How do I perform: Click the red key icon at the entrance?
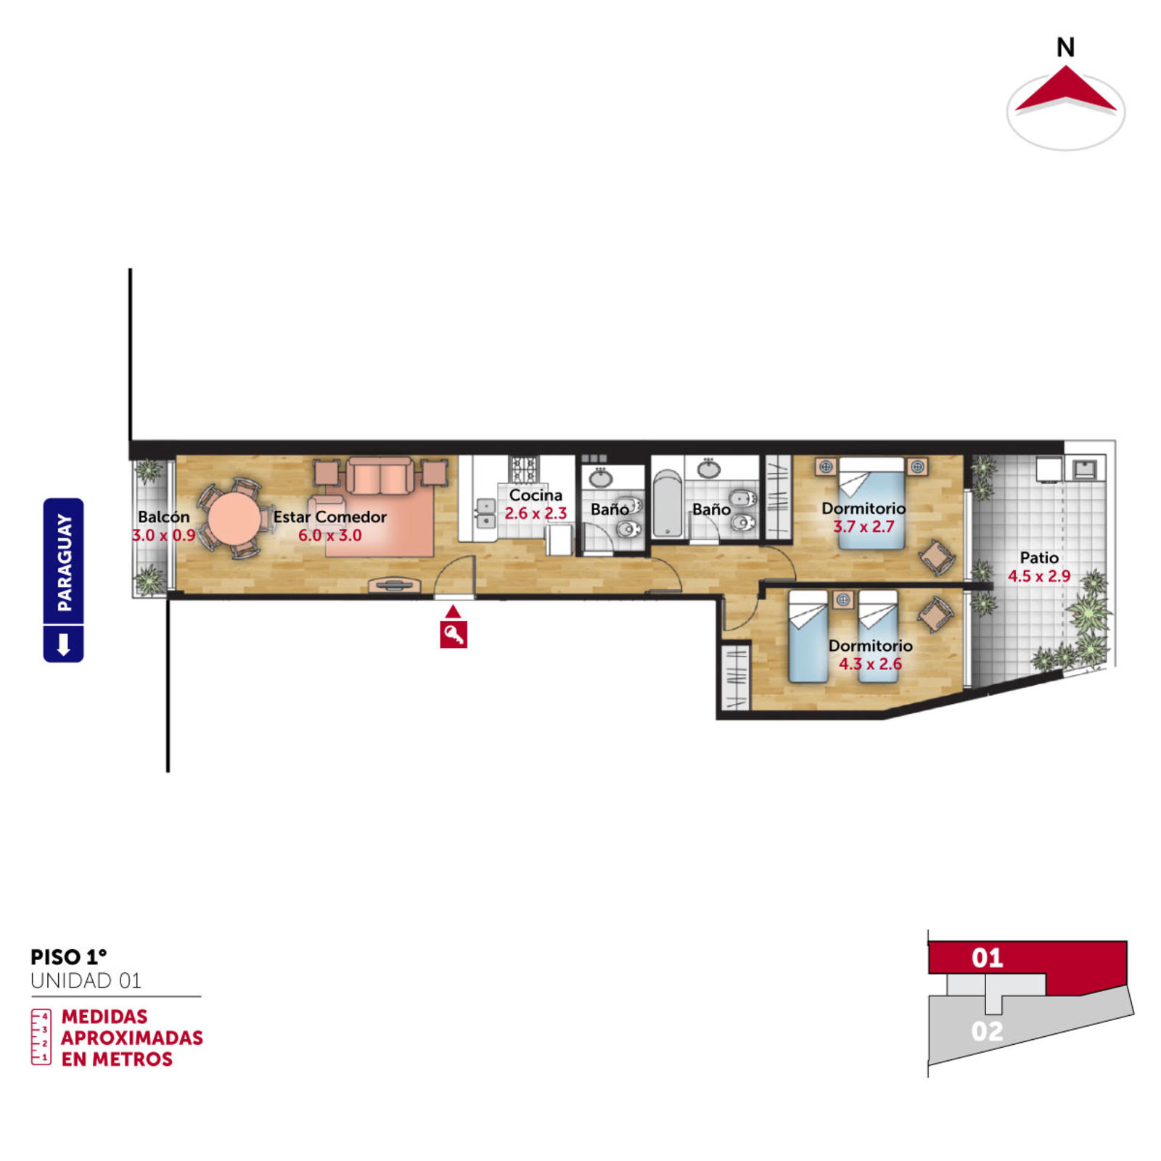453,634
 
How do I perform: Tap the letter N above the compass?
1065,48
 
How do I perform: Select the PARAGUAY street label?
64,562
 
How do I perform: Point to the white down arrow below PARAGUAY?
63,644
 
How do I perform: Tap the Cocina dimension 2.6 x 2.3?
536,513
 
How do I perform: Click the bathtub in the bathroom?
668,504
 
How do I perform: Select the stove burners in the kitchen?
524,468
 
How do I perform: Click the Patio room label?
1039,557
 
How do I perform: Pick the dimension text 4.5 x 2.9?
1039,576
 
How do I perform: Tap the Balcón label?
164,517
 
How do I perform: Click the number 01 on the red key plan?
987,958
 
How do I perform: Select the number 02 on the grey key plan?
987,1031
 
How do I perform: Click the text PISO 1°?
69,957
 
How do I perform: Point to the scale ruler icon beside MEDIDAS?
41,1037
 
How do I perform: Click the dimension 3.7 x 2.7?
863,527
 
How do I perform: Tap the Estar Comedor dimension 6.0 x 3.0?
330,536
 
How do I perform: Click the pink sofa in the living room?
380,476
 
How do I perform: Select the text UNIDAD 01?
86,981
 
